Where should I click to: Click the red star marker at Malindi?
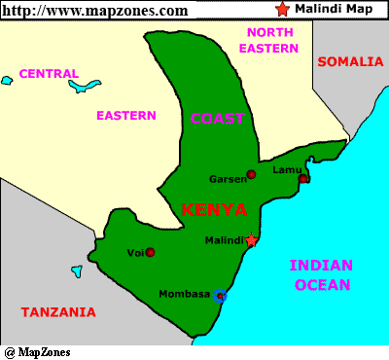coord(252,239)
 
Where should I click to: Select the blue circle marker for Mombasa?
coord(220,295)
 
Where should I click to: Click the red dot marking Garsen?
coord(251,174)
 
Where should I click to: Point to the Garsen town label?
coord(228,179)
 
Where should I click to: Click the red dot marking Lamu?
coord(303,178)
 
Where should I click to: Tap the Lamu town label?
coord(287,169)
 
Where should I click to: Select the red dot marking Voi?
coord(150,252)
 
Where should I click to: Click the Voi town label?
coord(135,253)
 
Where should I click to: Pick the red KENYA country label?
coord(214,209)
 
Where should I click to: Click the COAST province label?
coord(217,119)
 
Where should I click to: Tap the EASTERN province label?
coord(125,115)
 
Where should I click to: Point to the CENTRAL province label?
coord(49,73)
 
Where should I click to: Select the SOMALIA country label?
coord(350,61)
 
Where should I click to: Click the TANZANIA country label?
coord(58,312)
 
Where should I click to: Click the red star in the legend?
coord(282,10)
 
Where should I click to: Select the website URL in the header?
coord(94,10)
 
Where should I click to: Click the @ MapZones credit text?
coord(37,351)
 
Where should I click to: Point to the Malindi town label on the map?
coord(225,240)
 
